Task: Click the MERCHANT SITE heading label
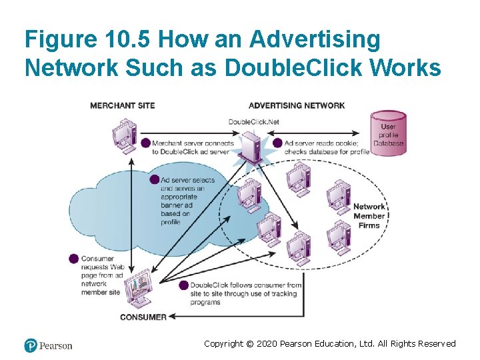tap(122, 105)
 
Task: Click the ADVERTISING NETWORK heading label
tap(297, 105)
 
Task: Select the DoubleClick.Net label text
tap(253, 121)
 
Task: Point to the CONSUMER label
tap(143, 317)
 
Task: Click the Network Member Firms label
tap(369, 216)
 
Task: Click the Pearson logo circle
tap(30, 345)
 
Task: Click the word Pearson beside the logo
tap(55, 345)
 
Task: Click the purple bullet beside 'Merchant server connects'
tap(145, 143)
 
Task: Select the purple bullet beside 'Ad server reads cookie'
tap(277, 143)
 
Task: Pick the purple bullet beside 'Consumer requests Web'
tap(74, 259)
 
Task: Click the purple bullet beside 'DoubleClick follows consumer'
tap(184, 285)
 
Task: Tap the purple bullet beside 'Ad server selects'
tap(155, 180)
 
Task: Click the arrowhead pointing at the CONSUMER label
tap(173, 317)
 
